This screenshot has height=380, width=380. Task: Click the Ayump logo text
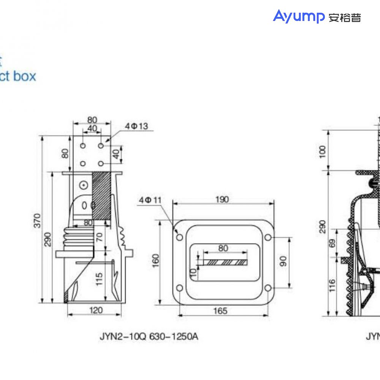pyautogui.click(x=298, y=17)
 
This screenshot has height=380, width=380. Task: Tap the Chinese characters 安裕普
pyautogui.click(x=345, y=18)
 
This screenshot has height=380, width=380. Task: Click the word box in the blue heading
pyautogui.click(x=24, y=76)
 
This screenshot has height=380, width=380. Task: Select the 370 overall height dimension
pyautogui.click(x=37, y=220)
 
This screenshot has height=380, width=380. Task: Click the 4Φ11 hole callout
pyautogui.click(x=150, y=199)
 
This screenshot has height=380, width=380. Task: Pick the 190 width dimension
pyautogui.click(x=222, y=199)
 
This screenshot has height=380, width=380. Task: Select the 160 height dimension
pyautogui.click(x=155, y=261)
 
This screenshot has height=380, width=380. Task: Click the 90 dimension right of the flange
pyautogui.click(x=283, y=261)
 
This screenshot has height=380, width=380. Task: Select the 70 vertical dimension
pyautogui.click(x=99, y=237)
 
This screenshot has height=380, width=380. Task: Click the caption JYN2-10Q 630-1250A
pyautogui.click(x=149, y=337)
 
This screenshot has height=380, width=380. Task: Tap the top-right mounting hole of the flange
pyautogui.click(x=268, y=237)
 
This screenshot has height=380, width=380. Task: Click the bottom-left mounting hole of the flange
pyautogui.click(x=180, y=288)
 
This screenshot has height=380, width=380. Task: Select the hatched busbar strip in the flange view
pyautogui.click(x=224, y=263)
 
